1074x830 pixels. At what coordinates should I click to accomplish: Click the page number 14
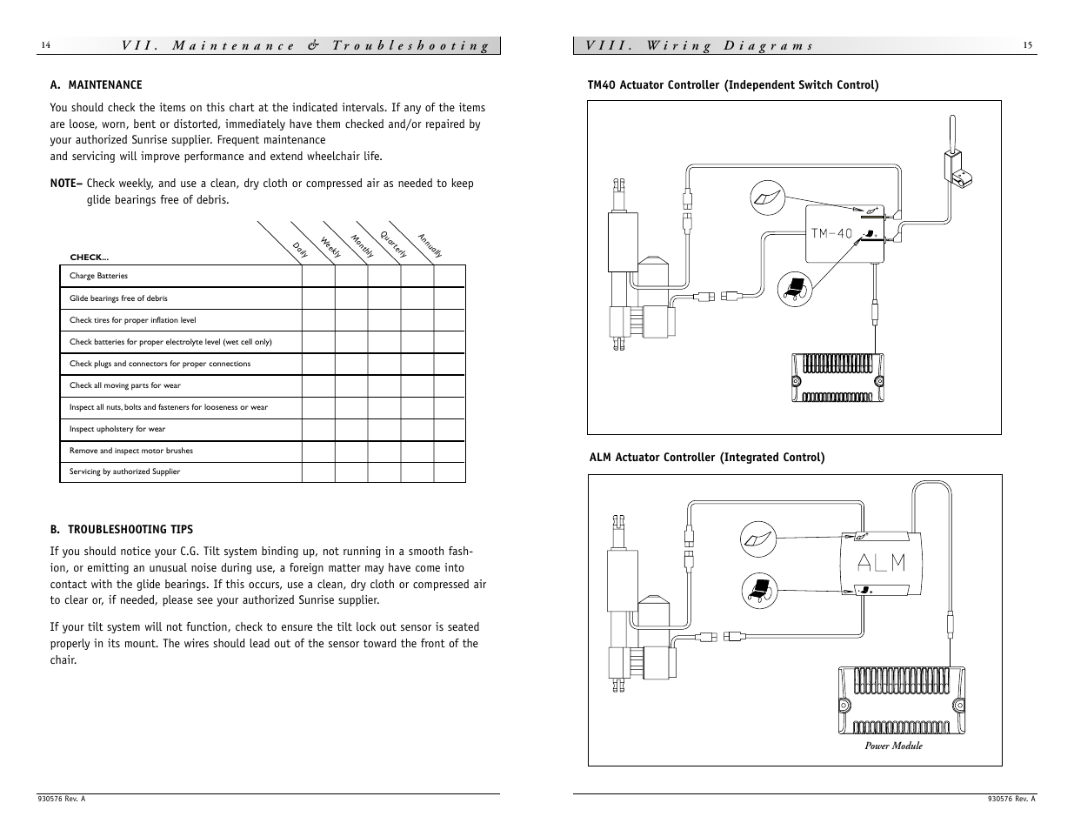pyautogui.click(x=46, y=46)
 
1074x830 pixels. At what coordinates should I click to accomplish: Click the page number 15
pyautogui.click(x=1027, y=46)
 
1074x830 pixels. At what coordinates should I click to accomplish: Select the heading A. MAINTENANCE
pyautogui.click(x=96, y=84)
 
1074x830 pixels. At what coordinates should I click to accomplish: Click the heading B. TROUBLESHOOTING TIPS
pyautogui.click(x=121, y=529)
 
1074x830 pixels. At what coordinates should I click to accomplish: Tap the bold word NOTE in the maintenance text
pyautogui.click(x=65, y=184)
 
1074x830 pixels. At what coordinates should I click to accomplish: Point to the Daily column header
pyautogui.click(x=300, y=250)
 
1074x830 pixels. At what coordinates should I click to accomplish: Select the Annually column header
pyautogui.click(x=430, y=245)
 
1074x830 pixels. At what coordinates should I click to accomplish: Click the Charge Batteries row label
pyautogui.click(x=98, y=276)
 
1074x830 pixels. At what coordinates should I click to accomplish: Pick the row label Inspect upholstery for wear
pyautogui.click(x=117, y=429)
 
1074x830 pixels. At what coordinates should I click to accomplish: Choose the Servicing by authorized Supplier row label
pyautogui.click(x=124, y=472)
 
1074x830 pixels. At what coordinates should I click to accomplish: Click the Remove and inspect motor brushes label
pyautogui.click(x=130, y=451)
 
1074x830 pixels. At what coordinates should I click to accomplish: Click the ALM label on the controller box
pyautogui.click(x=881, y=563)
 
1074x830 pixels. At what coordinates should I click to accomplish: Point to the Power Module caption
pyautogui.click(x=893, y=746)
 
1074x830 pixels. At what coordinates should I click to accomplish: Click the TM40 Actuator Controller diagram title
pyautogui.click(x=733, y=84)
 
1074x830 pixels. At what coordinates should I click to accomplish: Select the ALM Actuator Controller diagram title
pyautogui.click(x=707, y=457)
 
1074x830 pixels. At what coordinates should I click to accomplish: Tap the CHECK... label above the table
pyautogui.click(x=89, y=258)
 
